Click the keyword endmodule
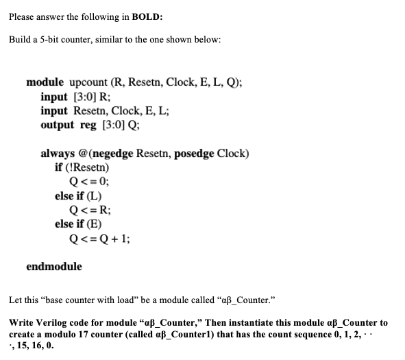click(54, 266)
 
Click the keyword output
click(58, 125)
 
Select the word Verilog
click(52, 322)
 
